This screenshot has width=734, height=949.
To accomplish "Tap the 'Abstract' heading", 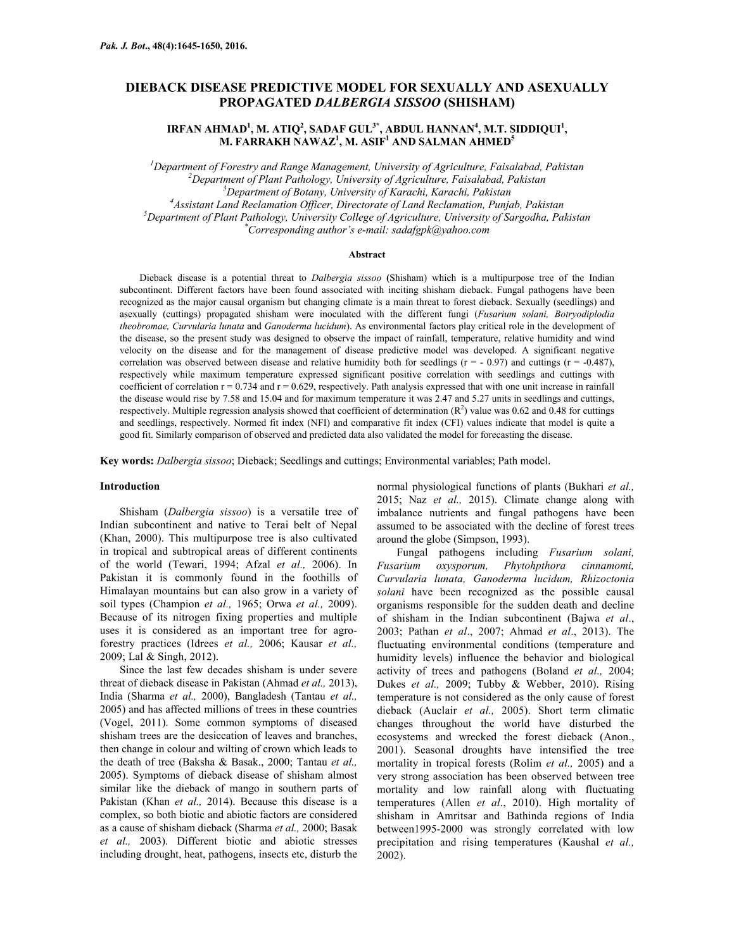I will pyautogui.click(x=367, y=254).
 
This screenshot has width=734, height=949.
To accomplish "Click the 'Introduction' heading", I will pyautogui.click(x=130, y=487).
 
